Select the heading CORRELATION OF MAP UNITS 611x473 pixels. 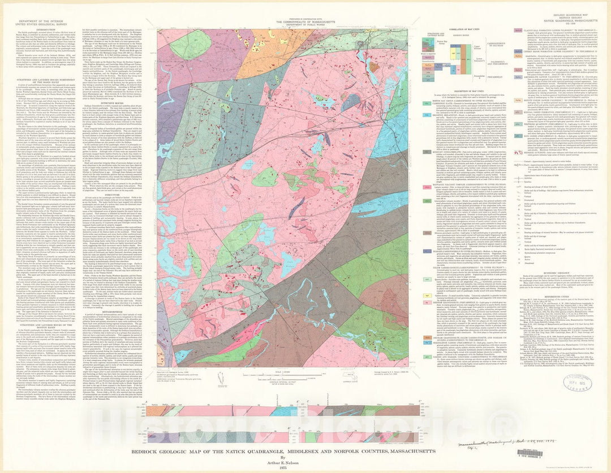point(470,28)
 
